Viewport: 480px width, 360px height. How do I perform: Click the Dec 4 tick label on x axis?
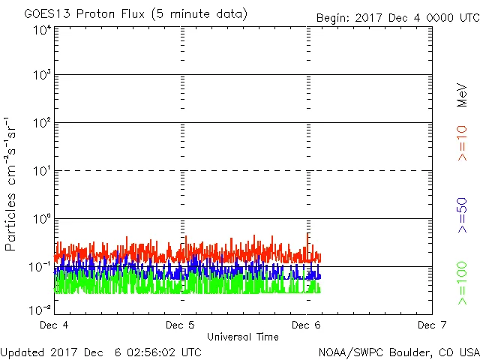pyautogui.click(x=54, y=325)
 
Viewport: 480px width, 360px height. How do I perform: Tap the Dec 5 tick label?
pyautogui.click(x=180, y=325)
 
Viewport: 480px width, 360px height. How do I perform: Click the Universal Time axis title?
pyautogui.click(x=242, y=337)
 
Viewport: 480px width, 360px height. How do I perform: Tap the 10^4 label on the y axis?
pyautogui.click(x=42, y=30)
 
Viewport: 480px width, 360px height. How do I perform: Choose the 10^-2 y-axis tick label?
pyautogui.click(x=41, y=310)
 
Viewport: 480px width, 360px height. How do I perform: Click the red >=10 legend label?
pyautogui.click(x=463, y=142)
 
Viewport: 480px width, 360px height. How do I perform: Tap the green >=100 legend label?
pyautogui.click(x=463, y=283)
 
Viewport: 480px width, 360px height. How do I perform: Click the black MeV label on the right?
pyautogui.click(x=463, y=96)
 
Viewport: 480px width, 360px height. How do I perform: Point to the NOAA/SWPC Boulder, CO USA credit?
pyautogui.click(x=398, y=351)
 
